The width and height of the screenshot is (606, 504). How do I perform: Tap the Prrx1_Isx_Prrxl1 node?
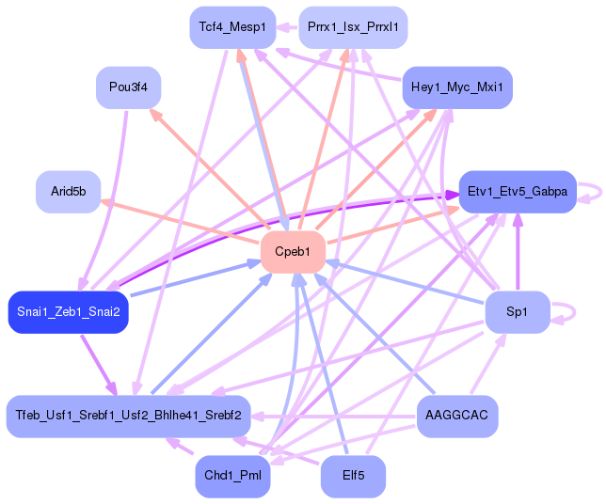pos(353,27)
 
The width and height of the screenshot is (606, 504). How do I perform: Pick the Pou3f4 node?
pos(129,87)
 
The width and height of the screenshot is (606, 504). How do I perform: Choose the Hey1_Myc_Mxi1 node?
pos(457,87)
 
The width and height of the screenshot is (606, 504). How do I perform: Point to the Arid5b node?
pos(68,192)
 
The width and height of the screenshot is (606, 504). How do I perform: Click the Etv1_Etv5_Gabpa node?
pos(517,192)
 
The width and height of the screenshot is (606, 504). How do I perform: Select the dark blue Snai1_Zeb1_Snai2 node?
pos(68,312)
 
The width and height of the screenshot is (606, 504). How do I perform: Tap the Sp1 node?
pos(517,312)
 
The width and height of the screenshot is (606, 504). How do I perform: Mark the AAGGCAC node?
pos(456,416)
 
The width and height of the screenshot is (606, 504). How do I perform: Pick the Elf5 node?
pos(353,476)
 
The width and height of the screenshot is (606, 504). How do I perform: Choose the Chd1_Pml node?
pos(232,476)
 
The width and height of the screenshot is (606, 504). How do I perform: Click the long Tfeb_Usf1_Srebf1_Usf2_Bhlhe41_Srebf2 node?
pos(128,416)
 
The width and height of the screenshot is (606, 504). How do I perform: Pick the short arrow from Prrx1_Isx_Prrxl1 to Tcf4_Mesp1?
pos(287,27)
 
